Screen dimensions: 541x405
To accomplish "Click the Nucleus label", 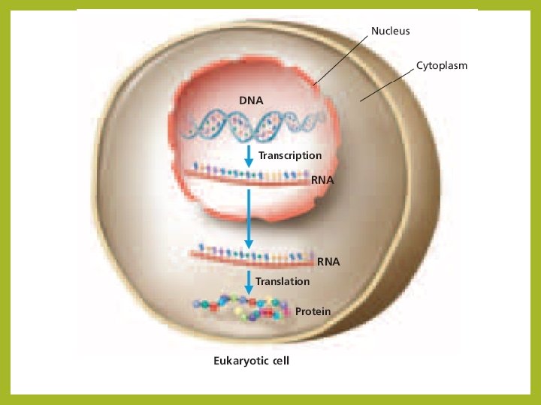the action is tap(390, 31).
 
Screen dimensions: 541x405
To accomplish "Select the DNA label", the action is tap(251, 100).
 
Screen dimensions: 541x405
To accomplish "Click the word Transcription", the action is tap(290, 155).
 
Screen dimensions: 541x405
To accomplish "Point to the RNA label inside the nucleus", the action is tap(322, 181).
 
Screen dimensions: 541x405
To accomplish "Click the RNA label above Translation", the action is tap(328, 262).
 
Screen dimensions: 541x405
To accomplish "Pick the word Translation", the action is tap(283, 281).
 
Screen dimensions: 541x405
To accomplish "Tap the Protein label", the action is tap(313, 310).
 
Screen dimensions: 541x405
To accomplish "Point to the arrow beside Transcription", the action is tap(249, 157).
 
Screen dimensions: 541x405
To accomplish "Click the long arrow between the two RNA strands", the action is tap(249, 217).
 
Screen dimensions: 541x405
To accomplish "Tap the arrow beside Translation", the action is tap(249, 282).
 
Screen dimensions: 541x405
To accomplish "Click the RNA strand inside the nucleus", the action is tap(248, 175).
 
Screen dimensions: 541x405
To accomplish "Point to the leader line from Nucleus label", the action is tap(341, 58).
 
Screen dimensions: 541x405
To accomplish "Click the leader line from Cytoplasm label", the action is tap(387, 83).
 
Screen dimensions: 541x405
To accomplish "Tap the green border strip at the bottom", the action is tap(270, 400).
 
